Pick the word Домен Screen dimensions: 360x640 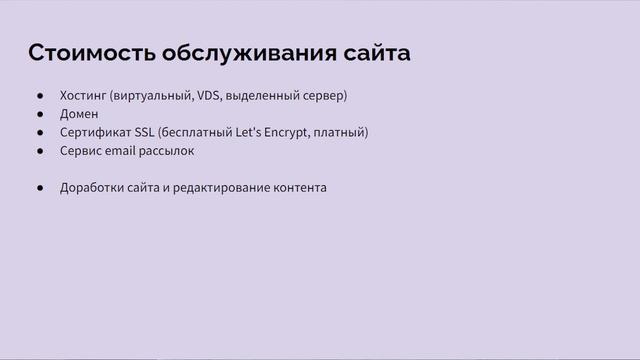pos(79,114)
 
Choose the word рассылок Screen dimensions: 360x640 pos(169,151)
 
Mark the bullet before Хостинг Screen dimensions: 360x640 pos(40,96)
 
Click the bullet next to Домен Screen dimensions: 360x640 pos(40,114)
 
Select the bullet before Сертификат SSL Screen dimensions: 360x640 pos(40,132)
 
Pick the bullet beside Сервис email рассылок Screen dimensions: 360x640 pos(40,151)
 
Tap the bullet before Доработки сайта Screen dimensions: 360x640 pos(40,187)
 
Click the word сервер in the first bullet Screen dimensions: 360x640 pos(322,96)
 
